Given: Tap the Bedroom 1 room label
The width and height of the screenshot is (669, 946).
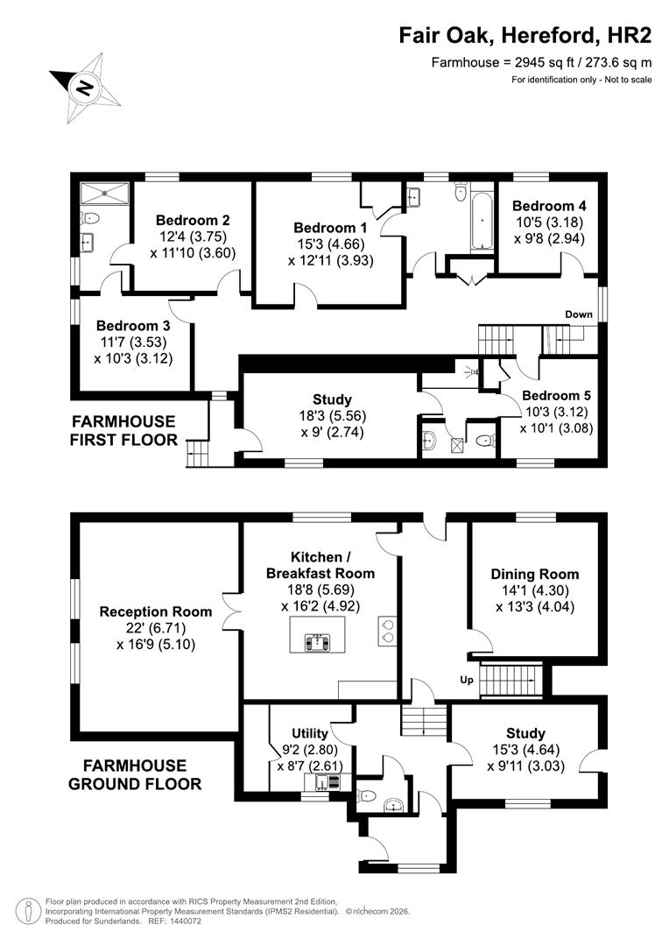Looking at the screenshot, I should [x=331, y=227].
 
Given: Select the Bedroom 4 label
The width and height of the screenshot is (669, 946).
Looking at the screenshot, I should [x=547, y=206].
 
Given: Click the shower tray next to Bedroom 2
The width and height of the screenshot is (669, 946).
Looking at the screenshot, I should [x=103, y=194].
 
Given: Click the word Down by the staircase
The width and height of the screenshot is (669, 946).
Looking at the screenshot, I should [x=578, y=314].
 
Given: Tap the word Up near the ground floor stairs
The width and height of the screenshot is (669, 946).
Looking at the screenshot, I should [x=468, y=679].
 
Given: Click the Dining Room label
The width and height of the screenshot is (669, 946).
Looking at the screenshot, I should [x=534, y=575].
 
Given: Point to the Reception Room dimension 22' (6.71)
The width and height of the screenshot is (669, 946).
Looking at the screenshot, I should [x=156, y=628].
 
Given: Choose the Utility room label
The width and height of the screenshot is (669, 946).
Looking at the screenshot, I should [x=310, y=733].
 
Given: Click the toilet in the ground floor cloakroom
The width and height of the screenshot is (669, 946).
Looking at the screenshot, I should [x=369, y=796].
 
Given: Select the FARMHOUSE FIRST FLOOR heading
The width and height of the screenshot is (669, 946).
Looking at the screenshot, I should [x=123, y=430].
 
